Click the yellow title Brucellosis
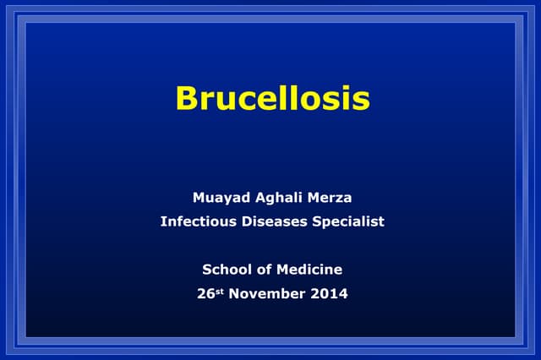272,98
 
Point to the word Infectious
196,221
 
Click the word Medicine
309,270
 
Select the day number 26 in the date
205,294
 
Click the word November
268,294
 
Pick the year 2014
329,294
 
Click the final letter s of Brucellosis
362,101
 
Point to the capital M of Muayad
199,198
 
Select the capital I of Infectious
162,221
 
